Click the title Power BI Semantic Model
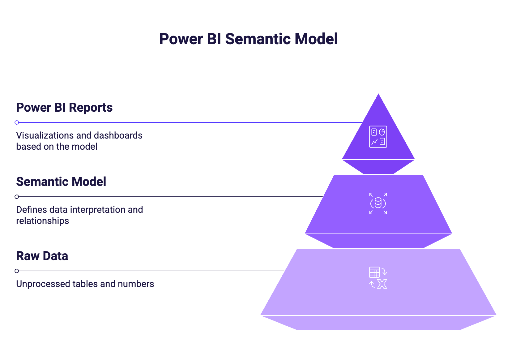[x=248, y=39]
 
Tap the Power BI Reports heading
[x=64, y=108]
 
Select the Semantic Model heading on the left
[x=61, y=182]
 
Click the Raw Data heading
[x=42, y=256]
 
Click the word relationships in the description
[x=43, y=221]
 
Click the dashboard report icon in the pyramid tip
[x=378, y=137]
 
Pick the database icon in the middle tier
[x=378, y=203]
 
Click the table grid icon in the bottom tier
[x=374, y=272]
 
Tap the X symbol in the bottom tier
[x=382, y=284]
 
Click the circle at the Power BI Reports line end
[x=17, y=122]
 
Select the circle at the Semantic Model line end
[x=17, y=197]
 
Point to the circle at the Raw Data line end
[x=17, y=271]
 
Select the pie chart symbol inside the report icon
[x=382, y=132]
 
